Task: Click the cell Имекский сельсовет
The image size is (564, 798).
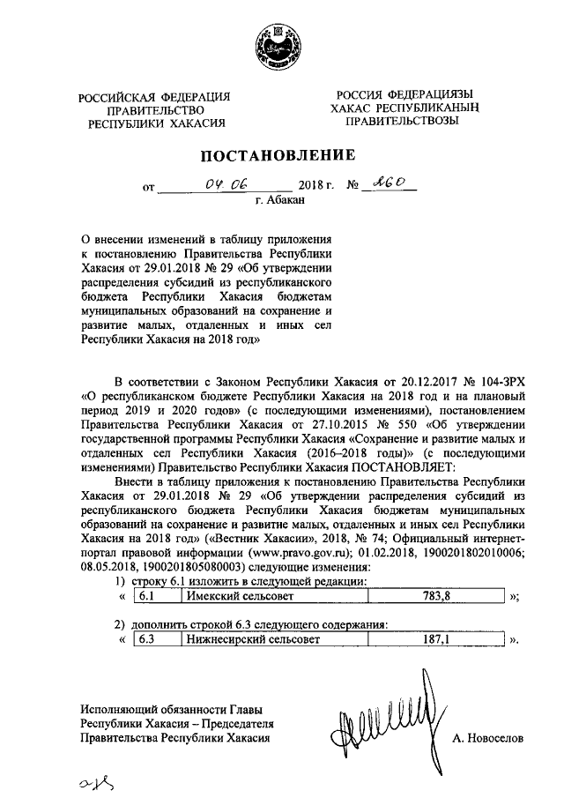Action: pyautogui.click(x=237, y=597)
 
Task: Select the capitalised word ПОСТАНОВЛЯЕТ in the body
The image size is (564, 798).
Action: pyautogui.click(x=402, y=468)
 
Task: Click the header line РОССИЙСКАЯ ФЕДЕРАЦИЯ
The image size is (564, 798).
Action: pyautogui.click(x=155, y=96)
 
